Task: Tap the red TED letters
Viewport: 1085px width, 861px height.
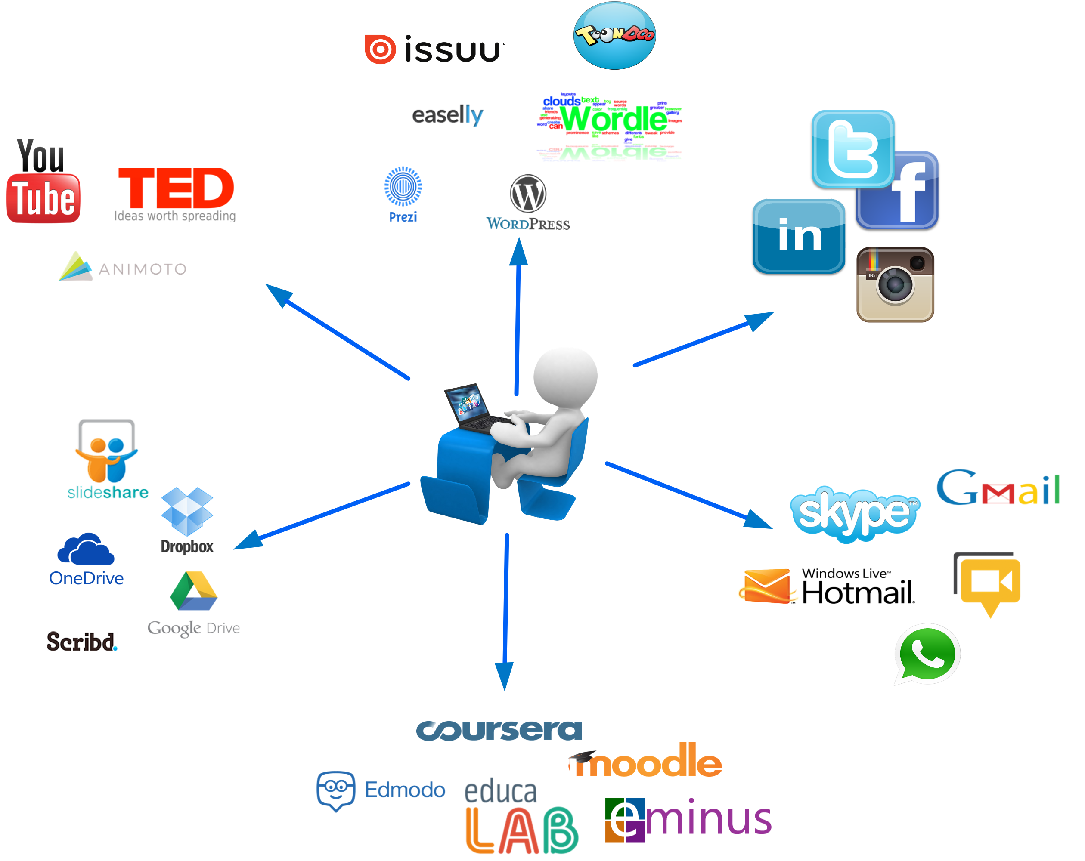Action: [x=176, y=188]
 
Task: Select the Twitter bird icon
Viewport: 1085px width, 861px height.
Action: [x=852, y=149]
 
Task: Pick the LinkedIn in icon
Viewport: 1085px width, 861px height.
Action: [x=799, y=236]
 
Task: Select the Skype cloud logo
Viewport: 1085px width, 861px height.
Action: [x=854, y=513]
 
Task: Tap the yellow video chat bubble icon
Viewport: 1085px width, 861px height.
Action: [x=989, y=583]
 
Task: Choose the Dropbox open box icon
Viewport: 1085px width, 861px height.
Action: [x=187, y=510]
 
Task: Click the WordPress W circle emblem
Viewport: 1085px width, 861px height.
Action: [x=528, y=194]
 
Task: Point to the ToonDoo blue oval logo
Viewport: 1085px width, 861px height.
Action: [x=614, y=35]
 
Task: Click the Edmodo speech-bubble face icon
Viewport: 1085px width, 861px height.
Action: [x=336, y=790]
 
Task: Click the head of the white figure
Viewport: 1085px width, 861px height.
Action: [x=565, y=375]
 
